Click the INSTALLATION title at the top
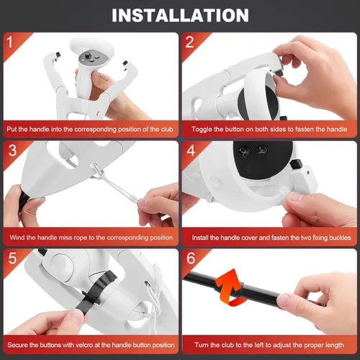pyautogui.click(x=180, y=15)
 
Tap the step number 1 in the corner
pyautogui.click(x=9, y=42)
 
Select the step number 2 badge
pyautogui.click(x=189, y=42)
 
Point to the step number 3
pyautogui.click(x=12, y=150)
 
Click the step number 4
pyautogui.click(x=191, y=150)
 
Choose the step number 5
pyautogui.click(x=12, y=258)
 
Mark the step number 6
pyautogui.click(x=191, y=258)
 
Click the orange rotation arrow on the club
pyautogui.click(x=230, y=287)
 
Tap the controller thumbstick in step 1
pyautogui.click(x=89, y=55)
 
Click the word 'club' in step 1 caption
pyautogui.click(x=167, y=130)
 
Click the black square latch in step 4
pyautogui.click(x=296, y=164)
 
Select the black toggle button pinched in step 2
pyautogui.click(x=278, y=71)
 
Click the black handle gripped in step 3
pyautogui.click(x=23, y=204)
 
